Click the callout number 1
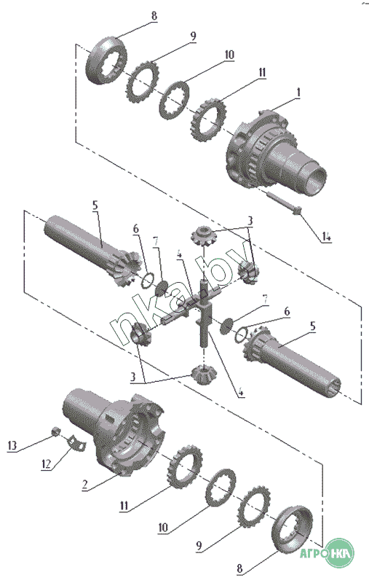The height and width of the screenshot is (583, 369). click(x=298, y=93)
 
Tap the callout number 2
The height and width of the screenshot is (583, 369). click(x=85, y=485)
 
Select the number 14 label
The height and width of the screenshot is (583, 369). click(x=326, y=237)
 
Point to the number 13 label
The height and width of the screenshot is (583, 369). click(x=12, y=445)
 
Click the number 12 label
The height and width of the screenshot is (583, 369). click(x=46, y=464)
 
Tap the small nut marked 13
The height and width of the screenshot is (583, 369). click(x=55, y=431)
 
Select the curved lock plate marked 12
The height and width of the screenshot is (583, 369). click(x=76, y=444)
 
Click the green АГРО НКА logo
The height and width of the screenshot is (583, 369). click(x=327, y=553)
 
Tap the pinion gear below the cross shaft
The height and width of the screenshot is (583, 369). click(x=202, y=374)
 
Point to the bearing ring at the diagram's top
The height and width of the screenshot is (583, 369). click(x=106, y=60)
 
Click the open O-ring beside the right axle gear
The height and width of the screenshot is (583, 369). click(x=242, y=334)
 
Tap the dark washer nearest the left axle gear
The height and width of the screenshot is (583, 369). click(x=162, y=288)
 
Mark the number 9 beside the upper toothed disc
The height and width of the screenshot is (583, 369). click(x=193, y=36)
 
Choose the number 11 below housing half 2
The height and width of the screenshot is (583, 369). click(x=124, y=506)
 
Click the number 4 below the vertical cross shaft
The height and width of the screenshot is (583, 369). click(x=241, y=391)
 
